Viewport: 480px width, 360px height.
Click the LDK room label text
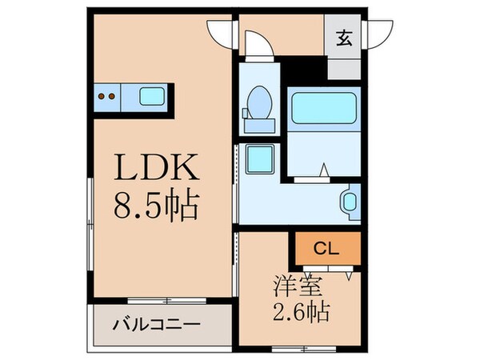[156, 169]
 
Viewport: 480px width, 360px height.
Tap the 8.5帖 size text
[156, 210]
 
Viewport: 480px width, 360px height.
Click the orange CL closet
[325, 248]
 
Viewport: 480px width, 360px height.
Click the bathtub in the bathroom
[323, 108]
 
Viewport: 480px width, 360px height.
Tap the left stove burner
[102, 98]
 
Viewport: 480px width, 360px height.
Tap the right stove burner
[113, 98]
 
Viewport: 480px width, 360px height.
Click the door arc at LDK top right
[219, 32]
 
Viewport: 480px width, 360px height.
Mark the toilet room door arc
[258, 43]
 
